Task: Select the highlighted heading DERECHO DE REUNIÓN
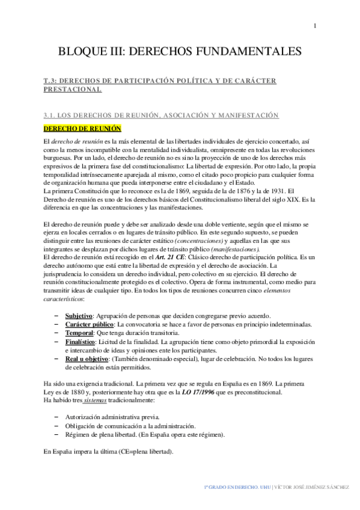coord(83,128)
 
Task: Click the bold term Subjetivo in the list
coord(79,316)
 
